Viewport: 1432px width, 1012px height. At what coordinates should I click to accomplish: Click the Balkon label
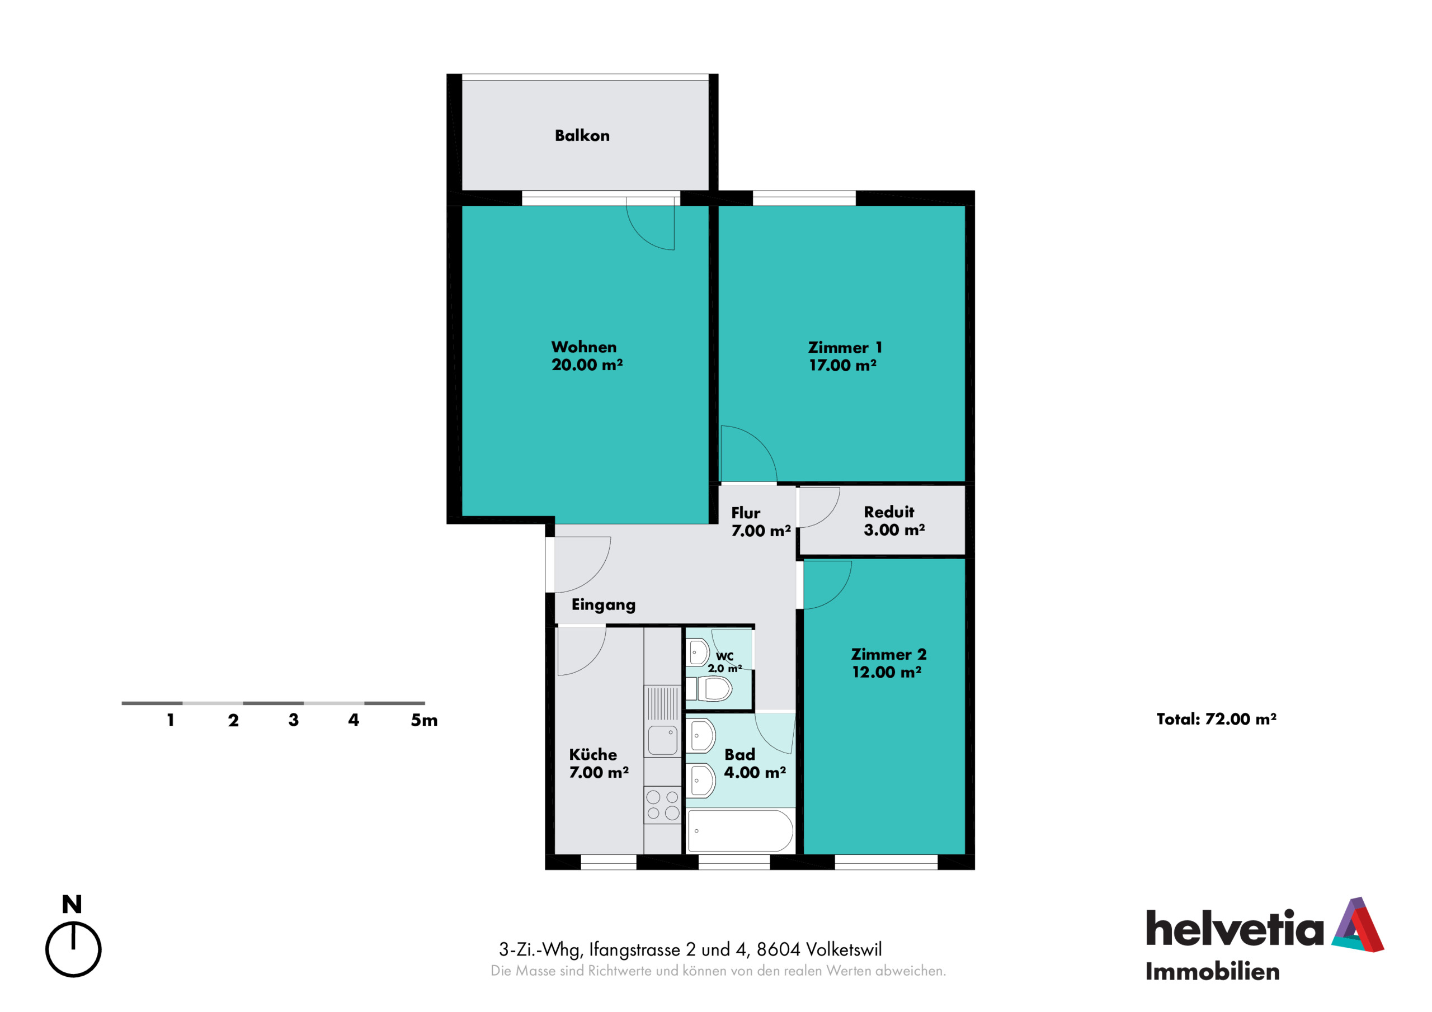582,135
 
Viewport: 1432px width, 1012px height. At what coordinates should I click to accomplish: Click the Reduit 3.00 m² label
894,521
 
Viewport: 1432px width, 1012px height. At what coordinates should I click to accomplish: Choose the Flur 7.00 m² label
761,522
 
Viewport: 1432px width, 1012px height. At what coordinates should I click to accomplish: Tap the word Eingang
603,605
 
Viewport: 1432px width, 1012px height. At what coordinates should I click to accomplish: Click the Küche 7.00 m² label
599,763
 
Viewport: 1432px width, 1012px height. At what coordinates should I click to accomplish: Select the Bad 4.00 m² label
755,763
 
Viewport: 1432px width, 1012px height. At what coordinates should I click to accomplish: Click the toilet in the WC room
709,689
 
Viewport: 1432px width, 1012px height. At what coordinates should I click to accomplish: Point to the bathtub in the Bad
740,830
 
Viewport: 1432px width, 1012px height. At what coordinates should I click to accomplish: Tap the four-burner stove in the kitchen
662,805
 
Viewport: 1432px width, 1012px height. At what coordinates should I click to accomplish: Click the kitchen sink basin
662,740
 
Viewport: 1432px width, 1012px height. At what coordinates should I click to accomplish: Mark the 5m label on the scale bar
424,720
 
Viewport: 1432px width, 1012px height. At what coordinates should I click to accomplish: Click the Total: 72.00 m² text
1216,719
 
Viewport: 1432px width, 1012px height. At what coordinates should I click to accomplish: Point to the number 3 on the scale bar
293,720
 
